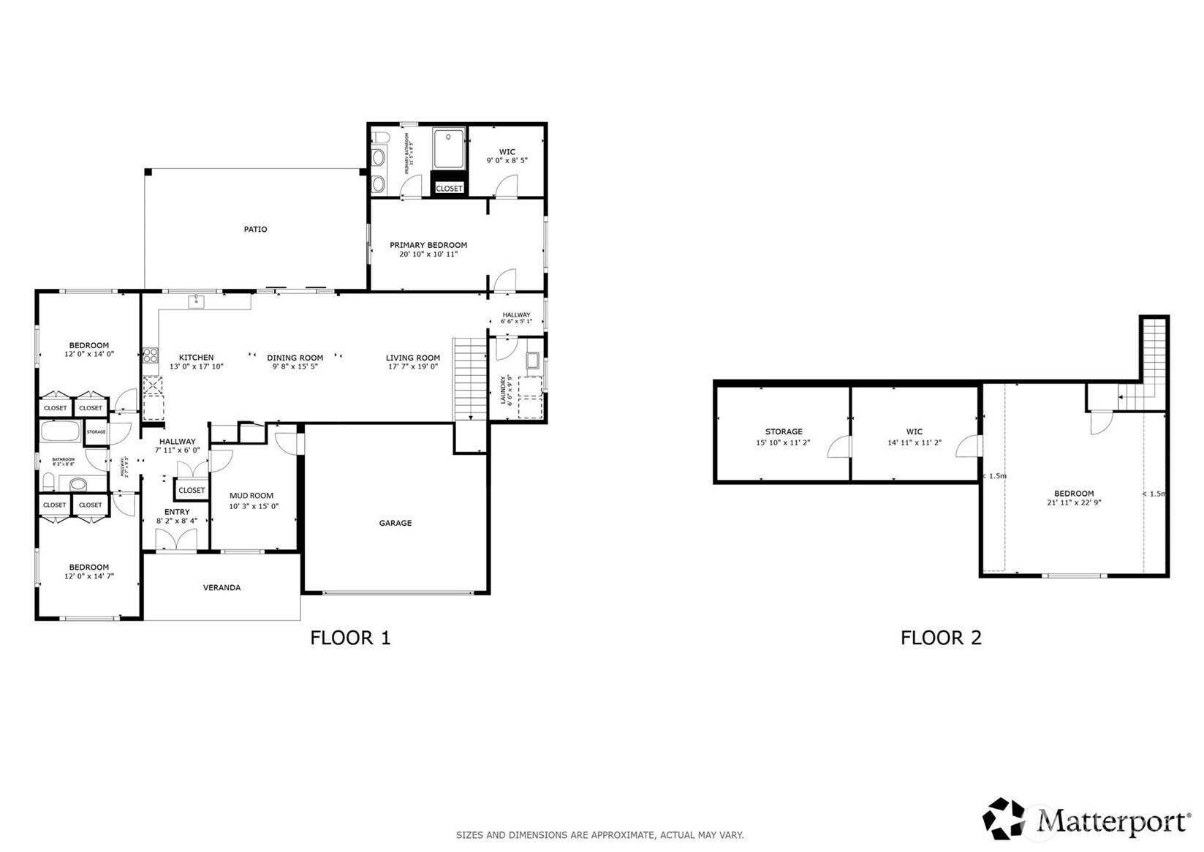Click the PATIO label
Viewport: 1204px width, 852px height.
click(x=255, y=230)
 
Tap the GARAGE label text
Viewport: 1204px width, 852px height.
click(x=395, y=523)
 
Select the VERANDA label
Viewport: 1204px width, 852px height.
click(x=222, y=587)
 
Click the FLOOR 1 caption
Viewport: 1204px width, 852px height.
click(x=350, y=638)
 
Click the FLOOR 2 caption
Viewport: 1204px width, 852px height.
click(x=940, y=638)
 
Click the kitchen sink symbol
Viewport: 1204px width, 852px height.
click(x=196, y=301)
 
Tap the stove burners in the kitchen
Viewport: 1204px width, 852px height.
click(x=150, y=355)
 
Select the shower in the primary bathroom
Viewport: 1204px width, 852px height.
click(x=448, y=148)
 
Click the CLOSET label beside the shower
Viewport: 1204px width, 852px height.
click(x=449, y=189)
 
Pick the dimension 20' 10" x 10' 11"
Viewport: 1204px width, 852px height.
click(x=428, y=255)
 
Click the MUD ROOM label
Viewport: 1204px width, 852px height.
click(x=251, y=496)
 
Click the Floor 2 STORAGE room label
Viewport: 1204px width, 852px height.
click(x=784, y=431)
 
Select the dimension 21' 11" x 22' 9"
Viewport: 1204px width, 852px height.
click(x=1073, y=502)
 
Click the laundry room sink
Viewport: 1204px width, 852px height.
click(x=532, y=360)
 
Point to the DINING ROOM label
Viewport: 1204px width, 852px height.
click(x=295, y=358)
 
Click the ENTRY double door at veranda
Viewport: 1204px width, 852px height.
click(x=176, y=540)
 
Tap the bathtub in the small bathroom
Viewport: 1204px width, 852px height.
click(x=60, y=431)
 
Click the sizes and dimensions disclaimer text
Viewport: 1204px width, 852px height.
click(x=599, y=834)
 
